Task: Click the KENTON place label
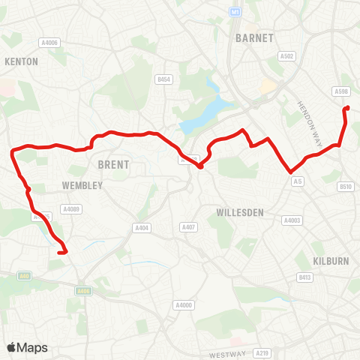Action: pyautogui.click(x=22, y=61)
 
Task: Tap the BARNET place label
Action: pyautogui.click(x=255, y=37)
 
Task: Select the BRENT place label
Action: pyautogui.click(x=113, y=164)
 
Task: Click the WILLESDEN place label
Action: pyautogui.click(x=239, y=212)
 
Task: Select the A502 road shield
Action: pyautogui.click(x=286, y=55)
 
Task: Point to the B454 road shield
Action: pyautogui.click(x=164, y=79)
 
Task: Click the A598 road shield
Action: pyautogui.click(x=341, y=91)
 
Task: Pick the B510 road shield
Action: pyautogui.click(x=346, y=186)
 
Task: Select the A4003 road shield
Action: pyautogui.click(x=292, y=220)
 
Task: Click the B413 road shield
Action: pyautogui.click(x=305, y=277)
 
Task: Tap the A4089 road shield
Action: pyautogui.click(x=71, y=209)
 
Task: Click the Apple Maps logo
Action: pyautogui.click(x=27, y=347)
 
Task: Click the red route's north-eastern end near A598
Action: pyautogui.click(x=346, y=110)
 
